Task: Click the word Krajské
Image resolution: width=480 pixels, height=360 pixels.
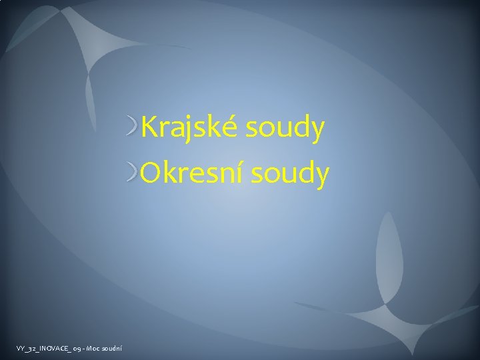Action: [189, 127]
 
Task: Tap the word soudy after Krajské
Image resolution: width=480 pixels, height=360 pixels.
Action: [285, 127]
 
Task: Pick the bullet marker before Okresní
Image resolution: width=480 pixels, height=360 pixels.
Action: [133, 172]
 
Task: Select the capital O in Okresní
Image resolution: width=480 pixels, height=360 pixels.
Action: [151, 173]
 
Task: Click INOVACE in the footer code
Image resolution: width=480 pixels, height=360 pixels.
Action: [43, 347]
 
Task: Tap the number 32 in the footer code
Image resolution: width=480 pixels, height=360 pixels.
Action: [26, 347]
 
